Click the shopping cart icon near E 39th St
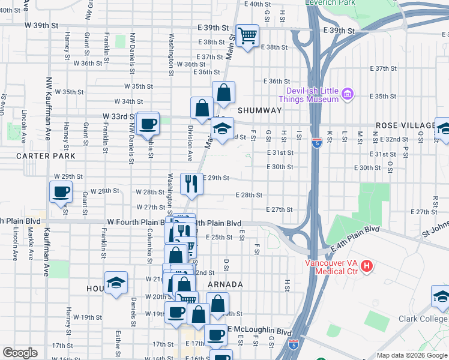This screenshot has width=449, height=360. (247, 35)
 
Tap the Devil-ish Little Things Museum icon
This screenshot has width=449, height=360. (347, 94)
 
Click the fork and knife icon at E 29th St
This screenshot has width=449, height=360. (191, 182)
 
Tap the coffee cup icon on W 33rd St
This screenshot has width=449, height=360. (148, 124)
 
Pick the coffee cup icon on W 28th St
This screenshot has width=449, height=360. (61, 192)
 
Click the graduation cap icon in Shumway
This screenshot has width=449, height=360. (222, 128)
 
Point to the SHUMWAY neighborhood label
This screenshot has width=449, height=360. (259, 110)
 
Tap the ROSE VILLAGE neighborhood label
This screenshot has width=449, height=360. (405, 125)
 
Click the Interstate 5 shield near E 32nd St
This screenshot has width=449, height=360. (316, 143)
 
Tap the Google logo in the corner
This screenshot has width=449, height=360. (20, 353)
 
